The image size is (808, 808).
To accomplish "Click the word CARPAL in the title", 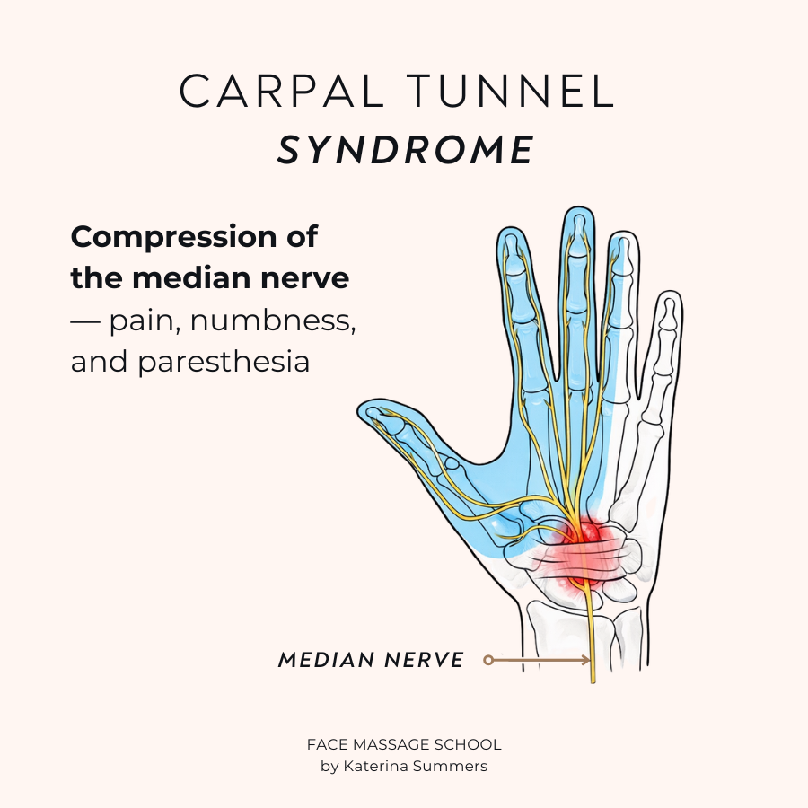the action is tap(282, 91).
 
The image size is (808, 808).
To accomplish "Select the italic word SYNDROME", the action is tap(405, 150).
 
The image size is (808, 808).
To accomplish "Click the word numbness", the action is tap(273, 320).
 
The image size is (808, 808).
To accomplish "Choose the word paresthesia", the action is tap(224, 364).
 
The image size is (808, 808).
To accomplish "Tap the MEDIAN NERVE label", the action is tap(371, 660).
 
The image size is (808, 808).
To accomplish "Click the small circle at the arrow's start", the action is tap(488, 660).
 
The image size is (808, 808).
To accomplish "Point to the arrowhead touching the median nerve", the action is tap(586, 660).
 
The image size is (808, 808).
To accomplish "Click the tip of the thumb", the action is tap(358, 409).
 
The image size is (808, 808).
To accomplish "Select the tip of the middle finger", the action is tap(578, 207).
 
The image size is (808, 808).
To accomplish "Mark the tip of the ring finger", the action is tap(623, 232).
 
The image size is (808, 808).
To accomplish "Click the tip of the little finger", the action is tap(670, 292).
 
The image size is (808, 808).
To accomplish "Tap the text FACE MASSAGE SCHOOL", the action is tap(404, 744).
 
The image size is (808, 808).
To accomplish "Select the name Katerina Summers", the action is tap(416, 767).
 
